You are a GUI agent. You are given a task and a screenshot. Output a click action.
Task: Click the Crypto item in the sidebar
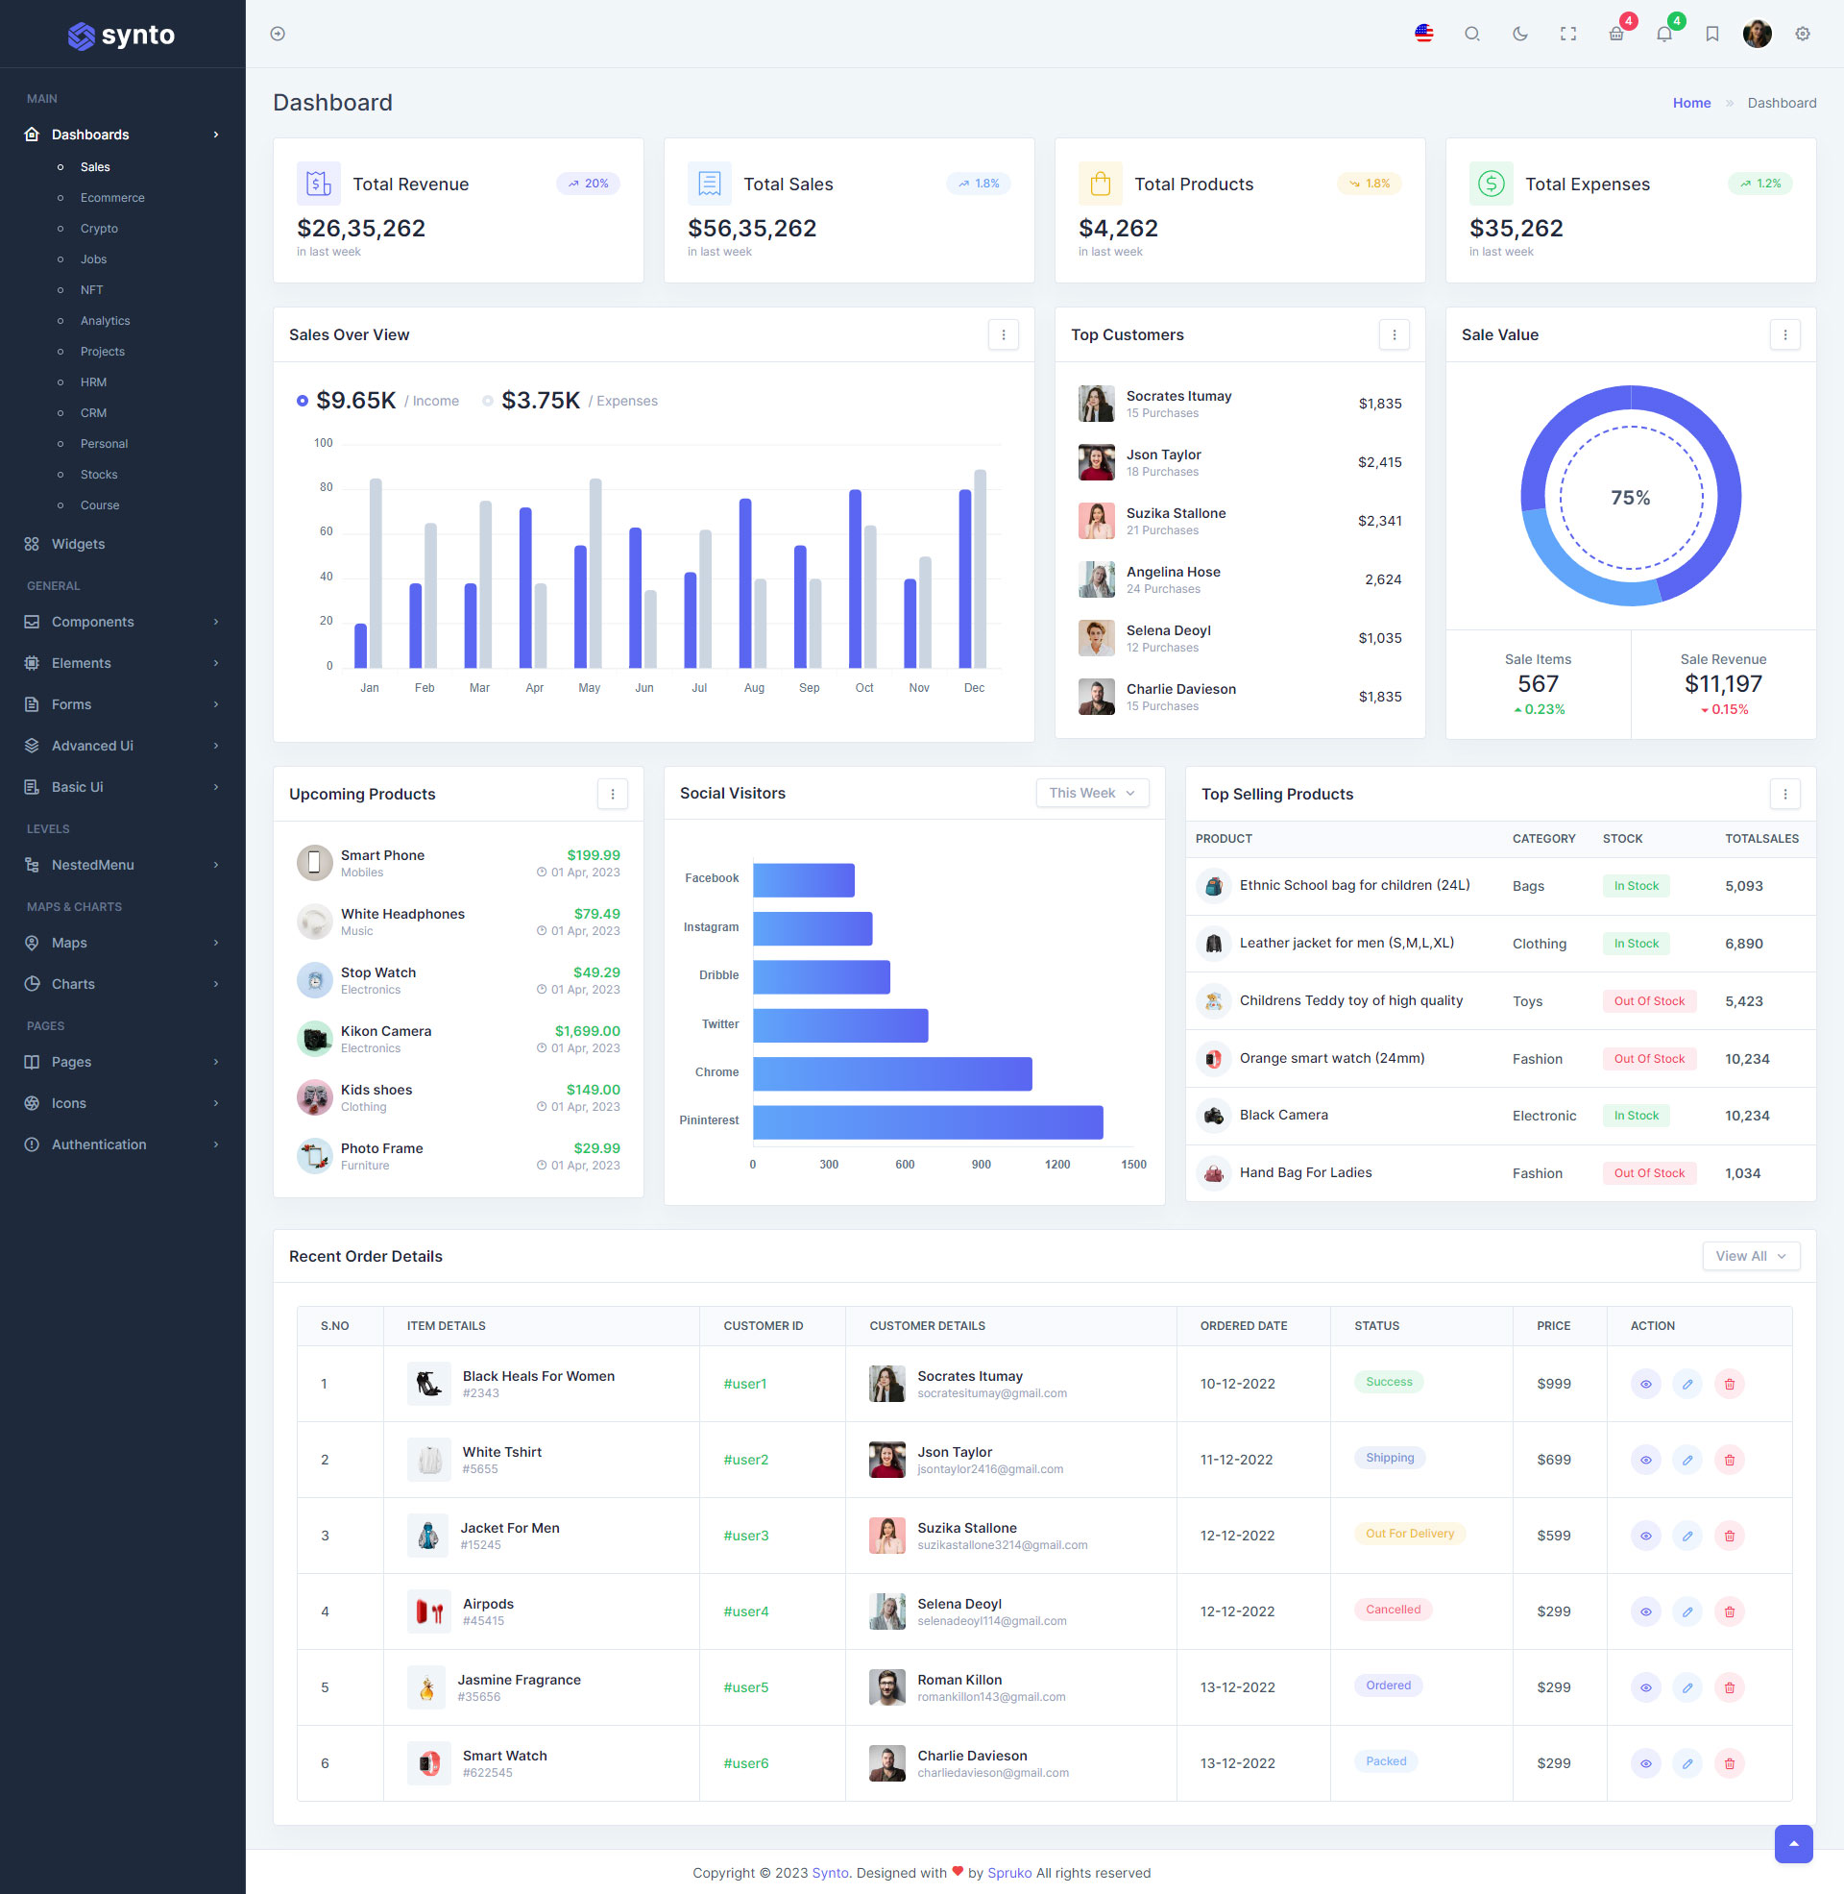99,229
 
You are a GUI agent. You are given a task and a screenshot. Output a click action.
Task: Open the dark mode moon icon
1519,34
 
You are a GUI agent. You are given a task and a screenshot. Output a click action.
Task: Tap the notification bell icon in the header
1663,34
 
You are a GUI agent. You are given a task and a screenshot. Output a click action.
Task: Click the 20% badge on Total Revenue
588,184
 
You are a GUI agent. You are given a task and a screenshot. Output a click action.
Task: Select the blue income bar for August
744,582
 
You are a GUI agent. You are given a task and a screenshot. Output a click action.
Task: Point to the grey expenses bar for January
376,573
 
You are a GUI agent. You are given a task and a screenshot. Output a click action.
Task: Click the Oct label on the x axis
863,688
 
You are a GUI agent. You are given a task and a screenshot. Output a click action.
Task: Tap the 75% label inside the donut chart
1630,497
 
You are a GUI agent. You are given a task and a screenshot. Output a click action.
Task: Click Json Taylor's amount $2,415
1379,462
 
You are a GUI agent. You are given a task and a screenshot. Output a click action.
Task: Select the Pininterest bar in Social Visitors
927,1121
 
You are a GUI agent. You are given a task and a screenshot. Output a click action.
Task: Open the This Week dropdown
1091,793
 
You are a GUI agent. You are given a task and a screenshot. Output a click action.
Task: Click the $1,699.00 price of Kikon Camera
587,1031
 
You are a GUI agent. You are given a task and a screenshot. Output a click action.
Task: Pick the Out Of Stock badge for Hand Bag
1648,1173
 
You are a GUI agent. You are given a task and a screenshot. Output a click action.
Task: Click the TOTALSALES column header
1760,838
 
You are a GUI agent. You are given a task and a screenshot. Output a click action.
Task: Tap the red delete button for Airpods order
1729,1611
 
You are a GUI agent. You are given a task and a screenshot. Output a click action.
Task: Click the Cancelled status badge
1393,1610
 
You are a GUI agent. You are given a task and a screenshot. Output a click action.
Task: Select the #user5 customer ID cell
745,1686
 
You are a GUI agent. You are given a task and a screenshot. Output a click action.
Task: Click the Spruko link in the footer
1009,1873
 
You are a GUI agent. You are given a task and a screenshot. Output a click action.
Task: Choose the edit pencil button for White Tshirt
1687,1460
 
